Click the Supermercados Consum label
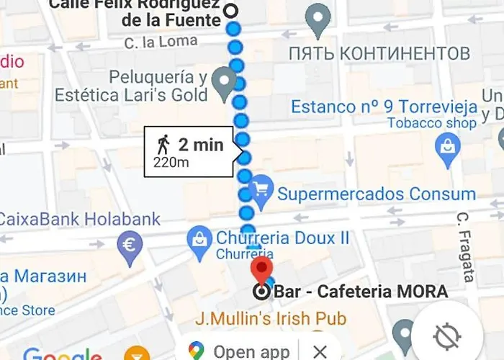tap(377, 194)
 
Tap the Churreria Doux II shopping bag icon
tap(199, 240)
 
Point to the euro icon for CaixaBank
tap(130, 244)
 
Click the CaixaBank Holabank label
tap(80, 219)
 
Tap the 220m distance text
tap(171, 163)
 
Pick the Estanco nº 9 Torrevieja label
tap(384, 107)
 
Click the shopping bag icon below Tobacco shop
tap(448, 147)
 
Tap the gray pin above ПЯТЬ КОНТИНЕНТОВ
tap(318, 19)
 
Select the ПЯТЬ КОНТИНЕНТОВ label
tap(379, 53)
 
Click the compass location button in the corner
tap(446, 336)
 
